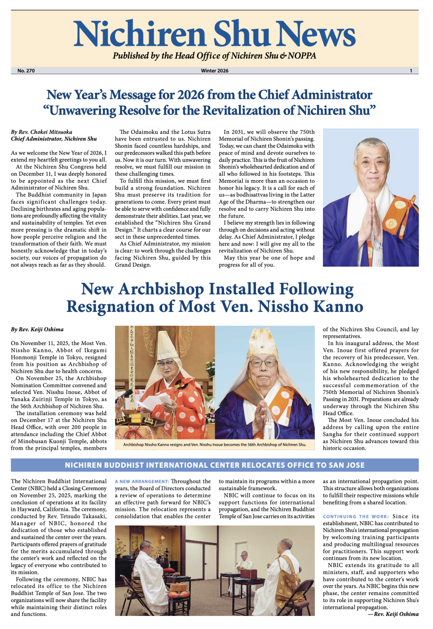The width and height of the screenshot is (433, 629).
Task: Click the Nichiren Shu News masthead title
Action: coord(215,34)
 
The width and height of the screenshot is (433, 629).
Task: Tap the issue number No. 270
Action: coord(26,71)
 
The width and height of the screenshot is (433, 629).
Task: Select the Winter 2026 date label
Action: coord(215,71)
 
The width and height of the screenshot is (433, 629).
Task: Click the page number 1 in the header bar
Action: coord(411,71)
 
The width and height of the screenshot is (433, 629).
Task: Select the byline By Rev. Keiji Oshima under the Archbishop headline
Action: coord(37,329)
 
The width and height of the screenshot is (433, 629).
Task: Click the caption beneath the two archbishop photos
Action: coord(215,445)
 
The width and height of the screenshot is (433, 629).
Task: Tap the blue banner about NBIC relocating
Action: coord(215,465)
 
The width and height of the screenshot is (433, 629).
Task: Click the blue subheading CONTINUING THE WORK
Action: coord(356,517)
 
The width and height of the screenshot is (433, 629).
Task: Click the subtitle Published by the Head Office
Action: coord(215,56)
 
